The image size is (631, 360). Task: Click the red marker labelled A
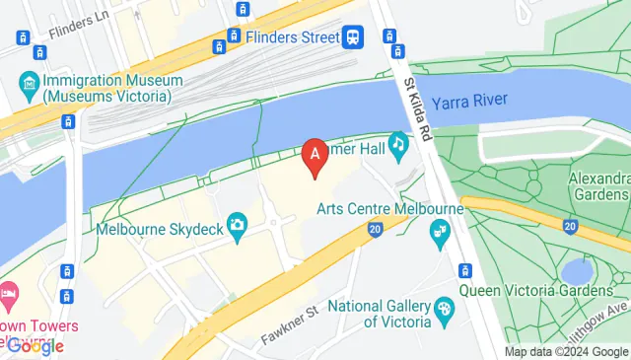coord(315,155)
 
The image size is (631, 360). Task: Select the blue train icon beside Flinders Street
coord(353,38)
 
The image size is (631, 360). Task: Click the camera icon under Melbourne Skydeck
coord(237,225)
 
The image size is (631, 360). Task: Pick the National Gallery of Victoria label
coord(380,314)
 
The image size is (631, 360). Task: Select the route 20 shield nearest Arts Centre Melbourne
coord(375,229)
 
